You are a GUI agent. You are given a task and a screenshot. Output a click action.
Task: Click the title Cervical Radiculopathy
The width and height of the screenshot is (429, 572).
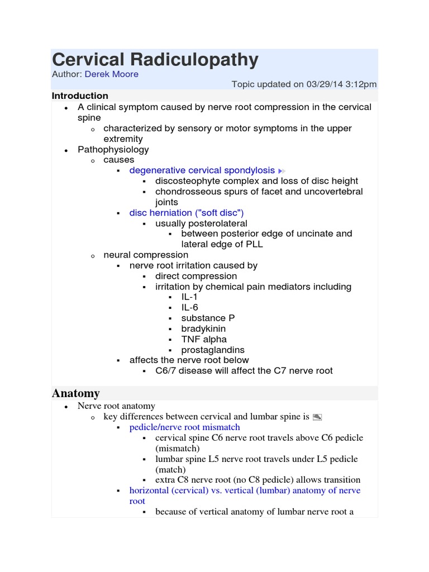click(x=155, y=60)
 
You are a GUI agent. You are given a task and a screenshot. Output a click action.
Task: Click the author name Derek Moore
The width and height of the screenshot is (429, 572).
click(x=112, y=74)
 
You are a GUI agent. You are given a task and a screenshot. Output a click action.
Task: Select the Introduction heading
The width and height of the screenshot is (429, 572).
click(x=80, y=96)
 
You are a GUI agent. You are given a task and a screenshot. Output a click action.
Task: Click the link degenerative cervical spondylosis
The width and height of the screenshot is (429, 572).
click(x=202, y=170)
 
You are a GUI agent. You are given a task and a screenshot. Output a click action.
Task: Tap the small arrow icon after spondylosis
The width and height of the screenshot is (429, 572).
click(x=282, y=170)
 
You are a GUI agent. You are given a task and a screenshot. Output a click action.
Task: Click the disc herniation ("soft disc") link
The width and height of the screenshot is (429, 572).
click(x=187, y=213)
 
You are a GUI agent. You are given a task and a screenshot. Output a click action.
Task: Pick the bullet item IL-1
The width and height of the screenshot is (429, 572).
click(x=189, y=297)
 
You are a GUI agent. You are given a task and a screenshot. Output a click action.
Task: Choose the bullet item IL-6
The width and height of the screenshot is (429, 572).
click(x=189, y=307)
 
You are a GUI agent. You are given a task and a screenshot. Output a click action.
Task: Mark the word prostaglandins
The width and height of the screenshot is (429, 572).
click(x=213, y=350)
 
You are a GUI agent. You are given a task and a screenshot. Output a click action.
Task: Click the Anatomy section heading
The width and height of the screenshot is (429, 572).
click(x=76, y=393)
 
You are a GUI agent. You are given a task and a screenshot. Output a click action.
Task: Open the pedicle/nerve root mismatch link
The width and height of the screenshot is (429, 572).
click(x=184, y=427)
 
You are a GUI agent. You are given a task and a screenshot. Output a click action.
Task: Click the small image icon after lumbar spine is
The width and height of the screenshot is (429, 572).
click(x=317, y=417)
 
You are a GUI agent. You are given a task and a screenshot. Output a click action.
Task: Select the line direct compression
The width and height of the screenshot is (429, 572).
click(x=196, y=276)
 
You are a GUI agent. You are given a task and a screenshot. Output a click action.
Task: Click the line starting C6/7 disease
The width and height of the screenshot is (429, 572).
click(x=244, y=370)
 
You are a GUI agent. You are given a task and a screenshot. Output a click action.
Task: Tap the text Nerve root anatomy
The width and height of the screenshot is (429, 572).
click(x=116, y=406)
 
